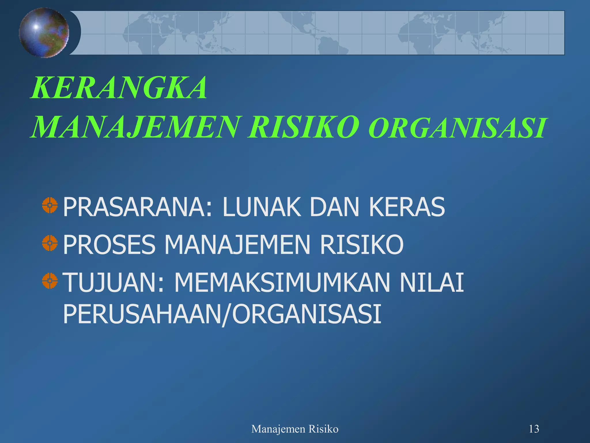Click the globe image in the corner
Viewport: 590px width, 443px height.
pos(44,32)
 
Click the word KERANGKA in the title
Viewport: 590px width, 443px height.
pos(119,88)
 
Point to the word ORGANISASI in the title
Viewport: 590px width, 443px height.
pos(457,128)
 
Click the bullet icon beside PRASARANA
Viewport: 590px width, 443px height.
pos(50,205)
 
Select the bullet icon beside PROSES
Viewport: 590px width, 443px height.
pos(50,243)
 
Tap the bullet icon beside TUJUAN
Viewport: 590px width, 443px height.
pos(50,281)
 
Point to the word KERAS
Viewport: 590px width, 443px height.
pos(407,207)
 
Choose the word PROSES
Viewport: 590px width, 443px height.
pos(109,245)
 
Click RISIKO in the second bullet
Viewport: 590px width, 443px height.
pos(362,245)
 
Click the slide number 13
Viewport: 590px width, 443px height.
pos(534,429)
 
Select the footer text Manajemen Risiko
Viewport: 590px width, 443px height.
pos(295,429)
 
